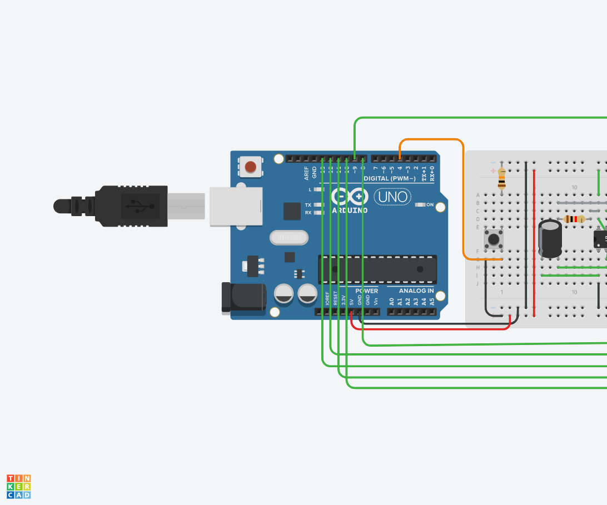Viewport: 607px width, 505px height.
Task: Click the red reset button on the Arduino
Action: point(251,166)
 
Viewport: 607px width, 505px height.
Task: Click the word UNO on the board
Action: point(392,197)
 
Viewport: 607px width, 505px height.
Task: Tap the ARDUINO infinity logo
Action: point(350,197)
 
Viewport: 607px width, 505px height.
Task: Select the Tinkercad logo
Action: point(19,486)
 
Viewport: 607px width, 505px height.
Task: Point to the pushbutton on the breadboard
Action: point(493,240)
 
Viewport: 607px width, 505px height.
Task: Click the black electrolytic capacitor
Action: point(550,238)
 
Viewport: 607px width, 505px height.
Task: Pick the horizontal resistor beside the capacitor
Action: point(574,219)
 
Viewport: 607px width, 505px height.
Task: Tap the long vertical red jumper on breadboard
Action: point(534,239)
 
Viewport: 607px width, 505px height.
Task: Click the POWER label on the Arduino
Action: point(366,291)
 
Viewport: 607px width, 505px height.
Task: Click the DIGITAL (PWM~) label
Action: point(389,178)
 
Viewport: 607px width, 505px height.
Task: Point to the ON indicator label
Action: point(430,204)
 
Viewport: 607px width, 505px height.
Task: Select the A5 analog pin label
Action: point(432,302)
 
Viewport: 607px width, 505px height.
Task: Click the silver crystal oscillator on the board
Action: point(288,238)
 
